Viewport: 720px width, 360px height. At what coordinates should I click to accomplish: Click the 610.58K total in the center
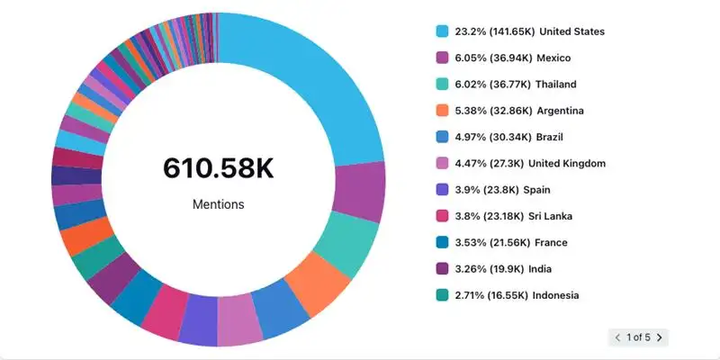(x=218, y=167)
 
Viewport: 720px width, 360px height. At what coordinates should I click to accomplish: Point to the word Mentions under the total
(x=218, y=204)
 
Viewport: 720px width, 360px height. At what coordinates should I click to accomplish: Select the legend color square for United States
(x=442, y=31)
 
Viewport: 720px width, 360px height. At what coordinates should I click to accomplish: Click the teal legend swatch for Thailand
(x=442, y=85)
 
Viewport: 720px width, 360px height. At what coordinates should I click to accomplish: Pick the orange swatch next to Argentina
(x=442, y=111)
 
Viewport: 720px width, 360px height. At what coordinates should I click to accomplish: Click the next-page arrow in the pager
(x=659, y=337)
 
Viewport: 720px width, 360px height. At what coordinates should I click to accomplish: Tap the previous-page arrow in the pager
(x=617, y=337)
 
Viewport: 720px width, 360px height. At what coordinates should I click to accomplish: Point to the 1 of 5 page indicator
(x=638, y=337)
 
